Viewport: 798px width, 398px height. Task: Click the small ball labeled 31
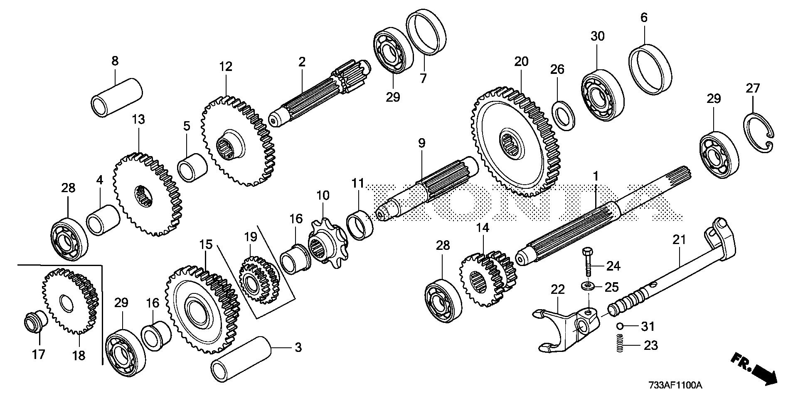click(x=619, y=326)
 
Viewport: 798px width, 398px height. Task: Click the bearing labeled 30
click(x=602, y=98)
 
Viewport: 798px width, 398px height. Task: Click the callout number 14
click(x=483, y=228)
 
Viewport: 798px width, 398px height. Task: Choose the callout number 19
click(x=250, y=237)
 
